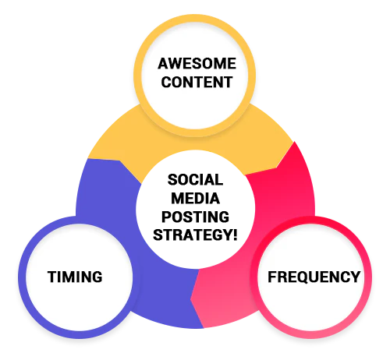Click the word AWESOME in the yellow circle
click(197, 64)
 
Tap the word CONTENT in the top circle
click(197, 82)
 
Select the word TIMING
click(75, 277)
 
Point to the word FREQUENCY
click(314, 277)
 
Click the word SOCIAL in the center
click(195, 180)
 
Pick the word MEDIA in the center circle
click(195, 199)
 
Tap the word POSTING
click(195, 217)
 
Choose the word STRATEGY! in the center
click(195, 235)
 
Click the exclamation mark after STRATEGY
click(235, 235)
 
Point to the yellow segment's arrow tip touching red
click(276, 168)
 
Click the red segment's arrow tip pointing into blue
click(190, 299)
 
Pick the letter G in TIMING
click(97, 277)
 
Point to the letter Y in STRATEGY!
click(226, 235)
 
